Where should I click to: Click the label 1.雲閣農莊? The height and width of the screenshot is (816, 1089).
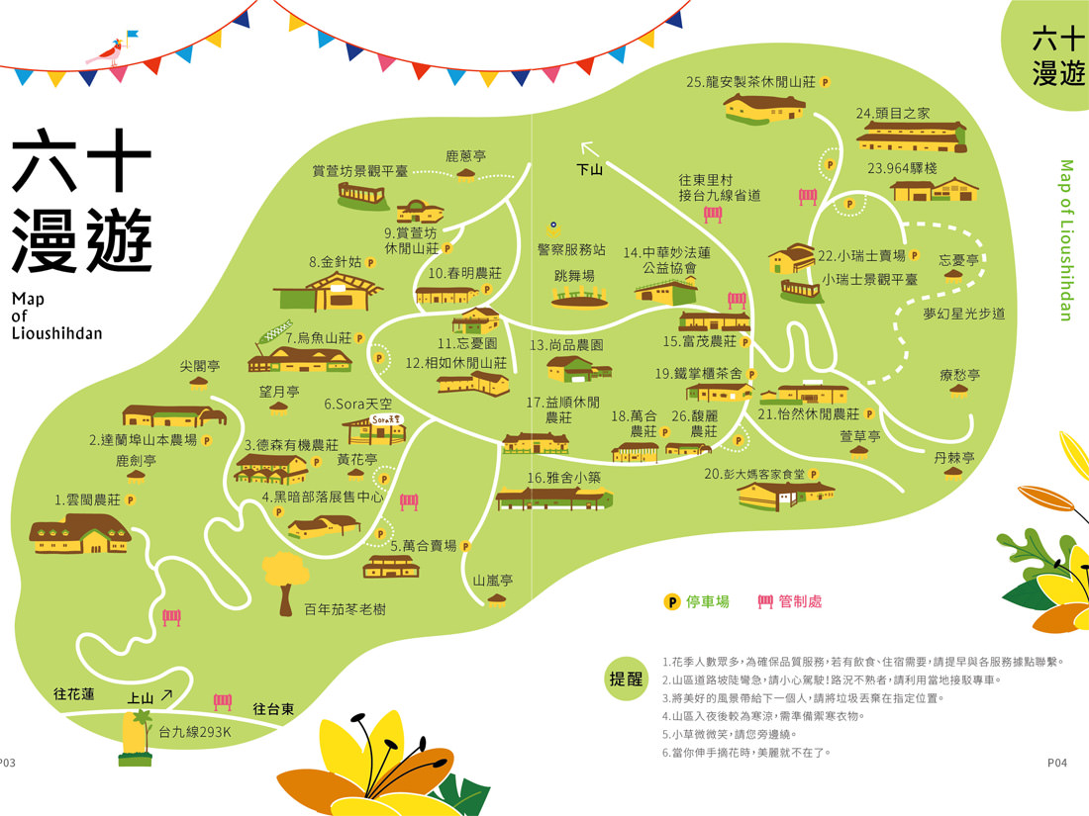[87, 500]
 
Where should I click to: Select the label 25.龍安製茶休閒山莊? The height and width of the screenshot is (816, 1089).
[749, 83]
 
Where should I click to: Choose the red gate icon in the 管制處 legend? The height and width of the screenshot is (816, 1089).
[764, 601]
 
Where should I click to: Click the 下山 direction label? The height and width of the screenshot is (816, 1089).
[590, 170]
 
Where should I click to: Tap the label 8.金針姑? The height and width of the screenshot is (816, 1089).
[335, 263]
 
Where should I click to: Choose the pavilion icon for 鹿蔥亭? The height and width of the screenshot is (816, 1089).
[466, 174]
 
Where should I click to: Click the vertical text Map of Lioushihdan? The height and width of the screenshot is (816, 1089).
[1066, 239]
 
